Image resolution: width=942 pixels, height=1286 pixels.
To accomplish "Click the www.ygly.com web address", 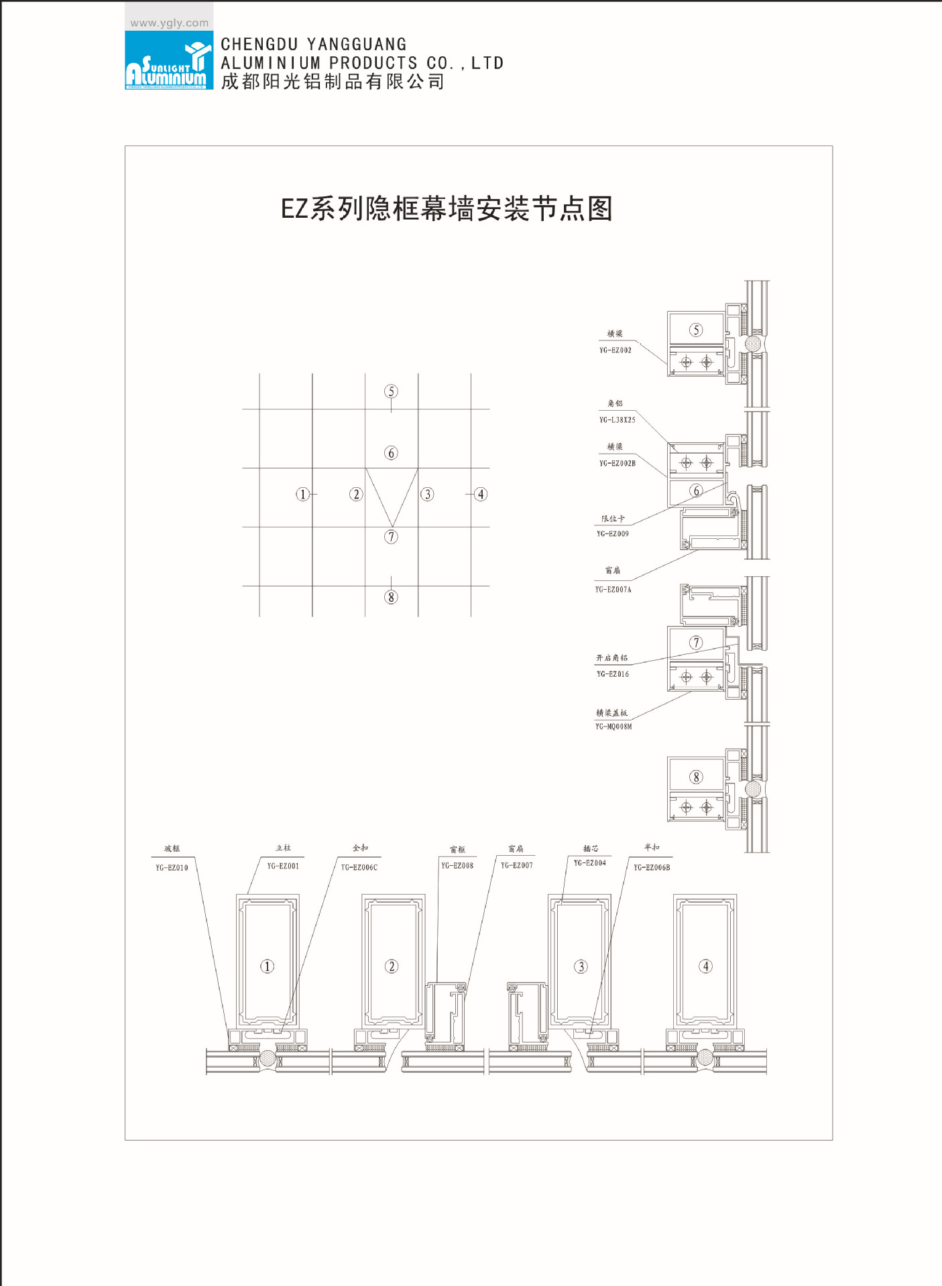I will (x=169, y=23).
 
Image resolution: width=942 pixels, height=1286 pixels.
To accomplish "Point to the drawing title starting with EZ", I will (x=447, y=208).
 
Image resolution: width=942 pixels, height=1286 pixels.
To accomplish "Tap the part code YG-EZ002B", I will (x=617, y=463).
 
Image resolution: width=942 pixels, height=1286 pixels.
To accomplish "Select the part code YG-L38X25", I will (x=617, y=420).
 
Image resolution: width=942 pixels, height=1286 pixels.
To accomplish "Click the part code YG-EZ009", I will (x=613, y=534).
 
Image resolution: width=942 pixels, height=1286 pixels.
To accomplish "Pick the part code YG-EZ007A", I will (x=613, y=590).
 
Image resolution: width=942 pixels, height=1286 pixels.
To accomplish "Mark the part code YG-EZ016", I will (x=613, y=674).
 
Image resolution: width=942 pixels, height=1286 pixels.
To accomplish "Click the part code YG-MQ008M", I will (x=613, y=726).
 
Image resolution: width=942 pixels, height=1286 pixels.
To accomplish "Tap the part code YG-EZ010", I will (x=172, y=868).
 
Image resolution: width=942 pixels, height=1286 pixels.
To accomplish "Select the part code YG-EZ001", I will (x=283, y=866).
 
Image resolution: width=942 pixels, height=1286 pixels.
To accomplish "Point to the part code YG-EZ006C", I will (x=359, y=867).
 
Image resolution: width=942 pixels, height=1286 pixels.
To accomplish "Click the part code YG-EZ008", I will (x=457, y=865).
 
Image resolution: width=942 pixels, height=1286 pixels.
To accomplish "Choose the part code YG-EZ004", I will (x=590, y=863).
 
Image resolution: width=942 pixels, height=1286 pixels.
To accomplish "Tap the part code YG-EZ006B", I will (x=652, y=867).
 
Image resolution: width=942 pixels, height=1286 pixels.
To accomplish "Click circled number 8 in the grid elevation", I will (x=392, y=597).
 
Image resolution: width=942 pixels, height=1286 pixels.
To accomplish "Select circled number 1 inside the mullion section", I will (x=267, y=966).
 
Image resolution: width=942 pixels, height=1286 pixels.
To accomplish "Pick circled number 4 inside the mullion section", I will (x=705, y=966).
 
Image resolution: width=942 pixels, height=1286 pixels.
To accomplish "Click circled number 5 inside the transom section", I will (x=696, y=330).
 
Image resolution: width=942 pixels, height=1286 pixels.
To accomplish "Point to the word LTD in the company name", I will (x=487, y=63).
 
